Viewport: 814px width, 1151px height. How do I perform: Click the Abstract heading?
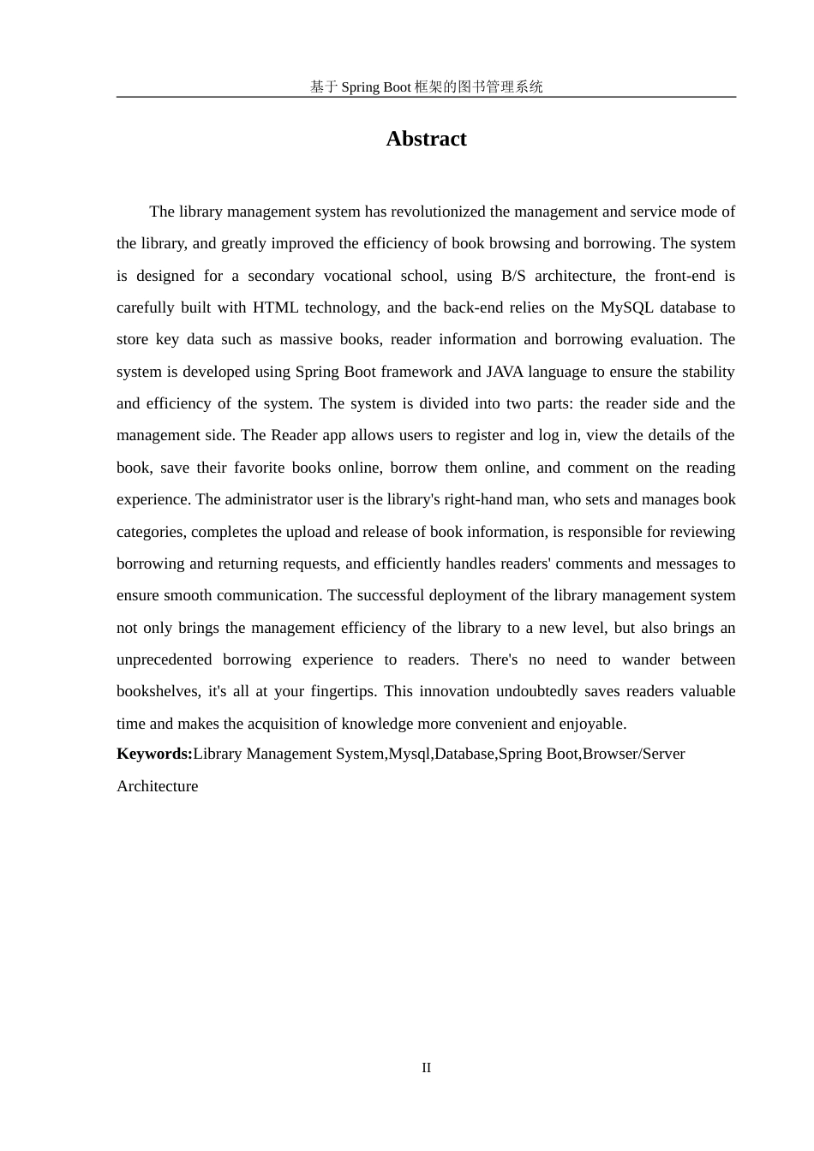426,139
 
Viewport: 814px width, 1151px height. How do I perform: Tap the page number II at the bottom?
426,1068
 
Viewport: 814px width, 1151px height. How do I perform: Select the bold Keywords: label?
154,754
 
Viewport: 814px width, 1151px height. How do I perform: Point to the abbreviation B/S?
513,276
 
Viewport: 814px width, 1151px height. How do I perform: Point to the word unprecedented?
164,659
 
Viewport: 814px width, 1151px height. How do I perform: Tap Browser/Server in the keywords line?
633,754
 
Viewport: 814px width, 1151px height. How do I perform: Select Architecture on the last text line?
157,786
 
